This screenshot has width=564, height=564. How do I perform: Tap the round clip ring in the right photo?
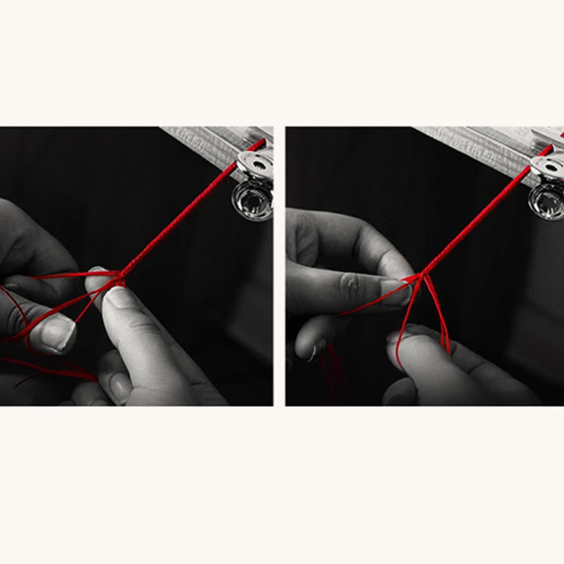click(x=547, y=202)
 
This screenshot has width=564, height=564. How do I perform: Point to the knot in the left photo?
click(x=120, y=280)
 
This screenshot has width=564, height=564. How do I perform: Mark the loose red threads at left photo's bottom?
click(x=56, y=367)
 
